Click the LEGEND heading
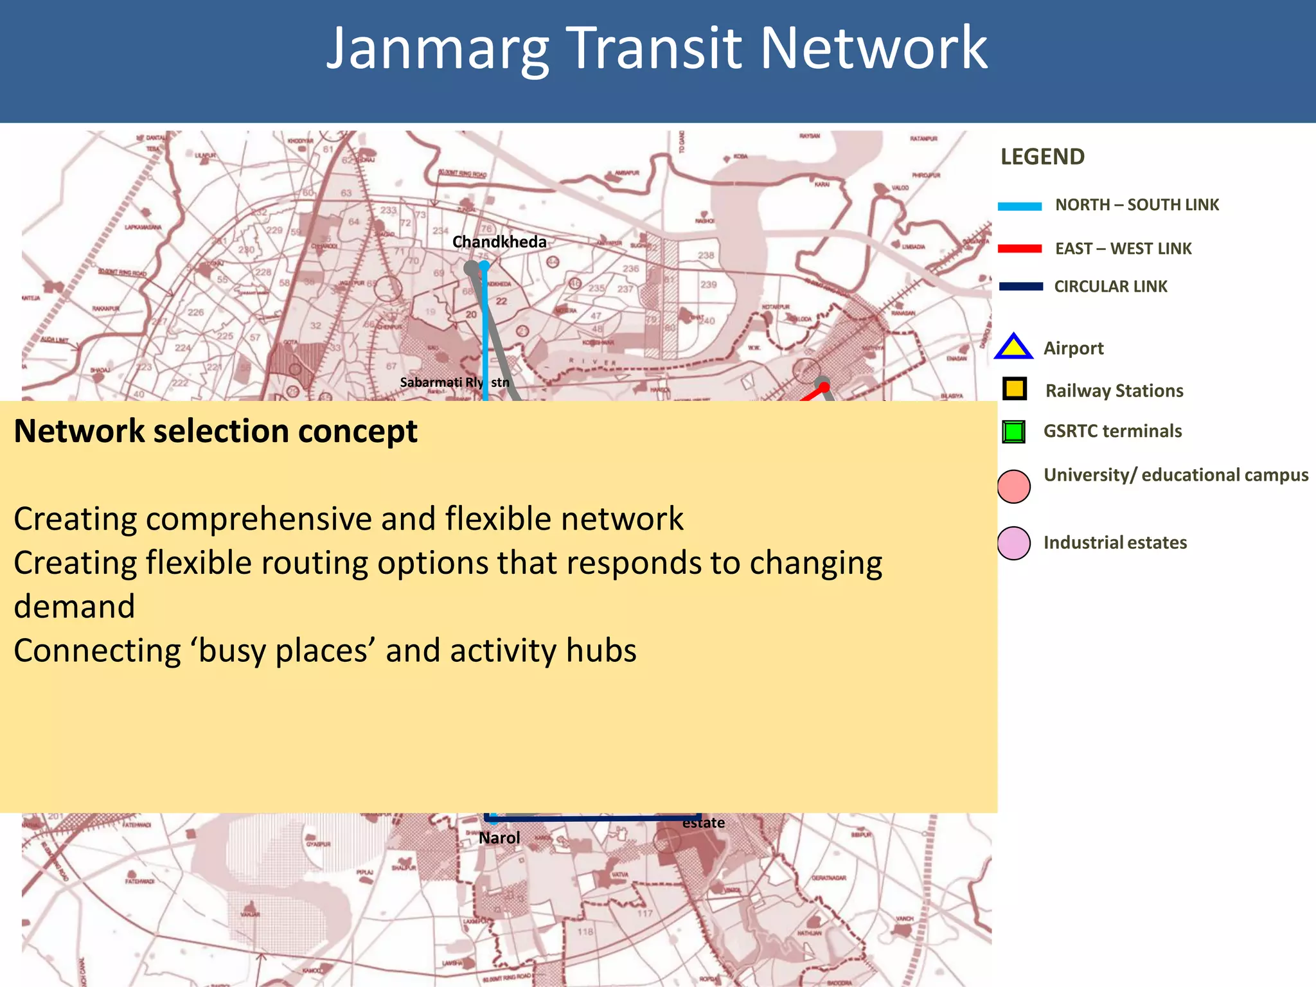[x=1042, y=157]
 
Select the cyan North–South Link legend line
[x=1020, y=206]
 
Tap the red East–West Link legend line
[x=1020, y=249]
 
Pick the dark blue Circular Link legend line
[x=1020, y=287]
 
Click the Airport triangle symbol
[x=1013, y=347]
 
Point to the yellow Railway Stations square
[x=1015, y=389]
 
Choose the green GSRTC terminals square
[x=1014, y=431]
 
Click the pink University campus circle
[x=1014, y=486]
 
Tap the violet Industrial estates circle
[x=1014, y=543]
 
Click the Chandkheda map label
[x=499, y=242]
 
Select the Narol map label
[x=499, y=838]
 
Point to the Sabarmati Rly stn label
[x=454, y=382]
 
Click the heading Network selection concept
[x=215, y=431]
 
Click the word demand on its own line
[x=75, y=607]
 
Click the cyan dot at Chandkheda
[x=484, y=265]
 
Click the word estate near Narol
[x=703, y=823]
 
